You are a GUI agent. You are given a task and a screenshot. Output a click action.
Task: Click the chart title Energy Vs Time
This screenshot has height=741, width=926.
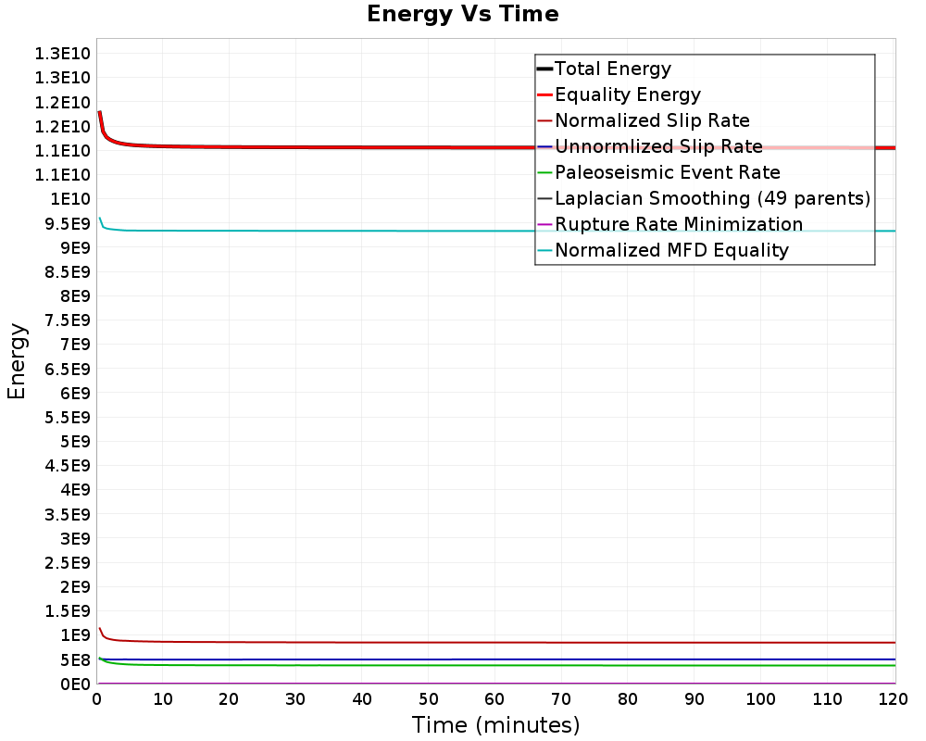point(463,14)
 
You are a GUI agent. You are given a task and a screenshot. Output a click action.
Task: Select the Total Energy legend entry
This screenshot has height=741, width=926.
point(612,69)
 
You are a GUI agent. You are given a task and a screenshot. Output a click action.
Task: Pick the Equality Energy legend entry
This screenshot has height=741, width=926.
point(627,94)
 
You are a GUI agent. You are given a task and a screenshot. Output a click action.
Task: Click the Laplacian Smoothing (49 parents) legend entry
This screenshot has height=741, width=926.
point(712,198)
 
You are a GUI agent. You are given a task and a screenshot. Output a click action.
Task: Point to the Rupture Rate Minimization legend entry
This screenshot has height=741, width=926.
point(679,224)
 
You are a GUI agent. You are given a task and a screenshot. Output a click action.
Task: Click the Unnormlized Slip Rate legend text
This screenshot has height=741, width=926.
point(658,146)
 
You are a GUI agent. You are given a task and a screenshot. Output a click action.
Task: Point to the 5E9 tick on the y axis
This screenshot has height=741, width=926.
point(73,441)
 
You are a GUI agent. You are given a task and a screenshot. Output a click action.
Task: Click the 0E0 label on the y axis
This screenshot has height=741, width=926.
point(73,684)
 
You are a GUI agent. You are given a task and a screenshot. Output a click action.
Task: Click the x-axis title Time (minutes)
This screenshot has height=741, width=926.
point(495,724)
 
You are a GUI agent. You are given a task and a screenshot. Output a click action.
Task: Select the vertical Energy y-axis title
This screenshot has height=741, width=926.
point(17,360)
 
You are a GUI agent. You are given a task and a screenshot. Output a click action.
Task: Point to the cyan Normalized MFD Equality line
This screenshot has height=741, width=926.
point(370,231)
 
